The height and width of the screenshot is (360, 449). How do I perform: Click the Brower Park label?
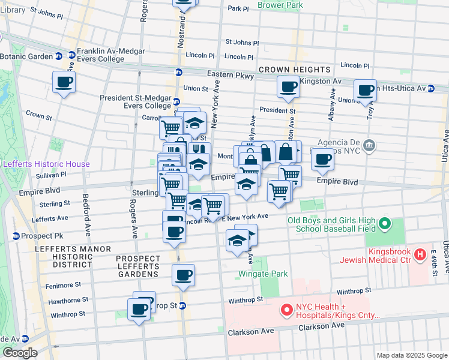point(280,5)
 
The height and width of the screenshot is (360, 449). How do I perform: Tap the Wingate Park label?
point(264,274)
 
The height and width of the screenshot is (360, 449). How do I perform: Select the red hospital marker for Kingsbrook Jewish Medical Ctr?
point(420,255)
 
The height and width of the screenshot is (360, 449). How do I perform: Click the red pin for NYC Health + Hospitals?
point(287,310)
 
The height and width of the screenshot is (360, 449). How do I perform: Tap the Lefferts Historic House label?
point(46,164)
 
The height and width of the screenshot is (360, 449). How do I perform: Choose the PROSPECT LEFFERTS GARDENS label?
point(138,266)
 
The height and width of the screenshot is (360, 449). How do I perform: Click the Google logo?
point(19,353)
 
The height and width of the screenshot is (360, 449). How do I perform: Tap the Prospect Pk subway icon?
point(16,236)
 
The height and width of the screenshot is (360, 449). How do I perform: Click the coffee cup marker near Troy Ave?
point(365,91)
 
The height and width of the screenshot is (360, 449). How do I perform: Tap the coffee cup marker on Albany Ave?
point(322,160)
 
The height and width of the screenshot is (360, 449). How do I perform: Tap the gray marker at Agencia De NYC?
point(370,145)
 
